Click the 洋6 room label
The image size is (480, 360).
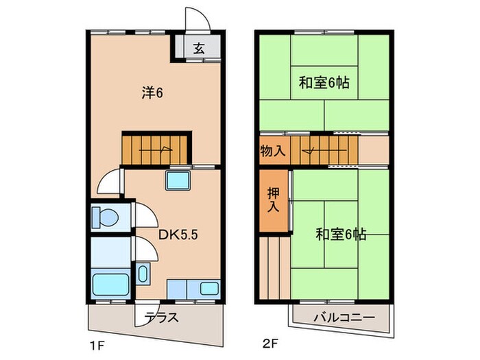click(152, 94)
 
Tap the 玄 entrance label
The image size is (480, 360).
click(199, 48)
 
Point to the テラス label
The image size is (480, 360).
click(163, 317)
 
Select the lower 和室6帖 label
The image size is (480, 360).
click(341, 234)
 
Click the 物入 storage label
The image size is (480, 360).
click(273, 149)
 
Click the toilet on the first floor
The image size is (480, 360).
click(105, 216)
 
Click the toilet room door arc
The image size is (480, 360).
click(146, 217)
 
